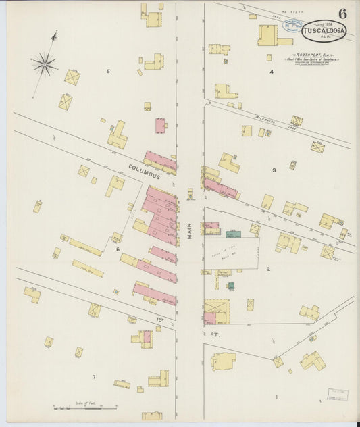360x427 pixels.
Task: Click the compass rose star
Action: tap(44, 64)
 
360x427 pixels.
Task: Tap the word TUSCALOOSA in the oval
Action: tap(325, 30)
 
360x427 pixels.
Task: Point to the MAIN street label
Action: tap(190, 231)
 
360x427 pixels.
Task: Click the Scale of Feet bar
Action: tap(86, 407)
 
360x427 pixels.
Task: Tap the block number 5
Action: tap(108, 70)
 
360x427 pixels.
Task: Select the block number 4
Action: tap(272, 71)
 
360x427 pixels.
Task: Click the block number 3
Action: tap(274, 170)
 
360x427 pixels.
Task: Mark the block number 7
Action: tap(94, 376)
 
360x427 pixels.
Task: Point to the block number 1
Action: tap(276, 397)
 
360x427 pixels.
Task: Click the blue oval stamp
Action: tap(292, 27)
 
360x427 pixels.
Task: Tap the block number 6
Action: tap(117, 249)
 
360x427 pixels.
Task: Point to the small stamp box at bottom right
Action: tap(337, 394)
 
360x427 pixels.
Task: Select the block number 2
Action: tap(268, 269)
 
